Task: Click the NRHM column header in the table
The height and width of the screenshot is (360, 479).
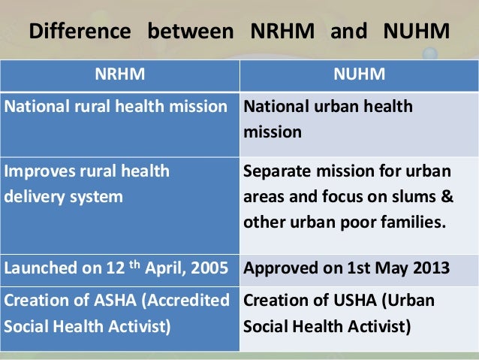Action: coord(119,74)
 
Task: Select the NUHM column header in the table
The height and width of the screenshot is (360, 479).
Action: coord(358,74)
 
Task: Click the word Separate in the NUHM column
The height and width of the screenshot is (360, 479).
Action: coord(277,171)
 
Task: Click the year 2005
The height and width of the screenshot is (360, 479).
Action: coord(208,267)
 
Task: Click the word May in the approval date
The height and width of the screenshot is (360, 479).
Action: coord(393,267)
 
